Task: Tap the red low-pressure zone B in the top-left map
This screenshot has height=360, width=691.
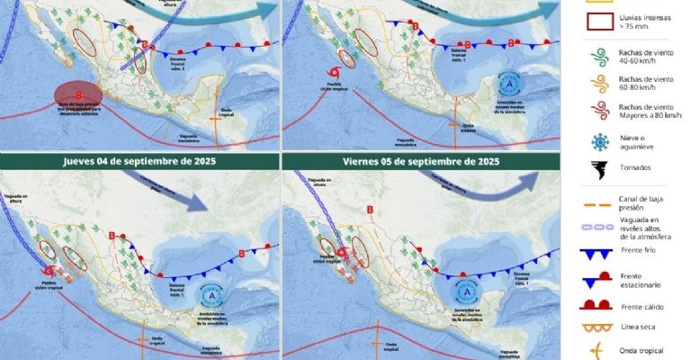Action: (79, 94)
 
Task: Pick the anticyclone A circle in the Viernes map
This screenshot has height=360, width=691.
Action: (468, 290)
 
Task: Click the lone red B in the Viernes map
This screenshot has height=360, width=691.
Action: (370, 211)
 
